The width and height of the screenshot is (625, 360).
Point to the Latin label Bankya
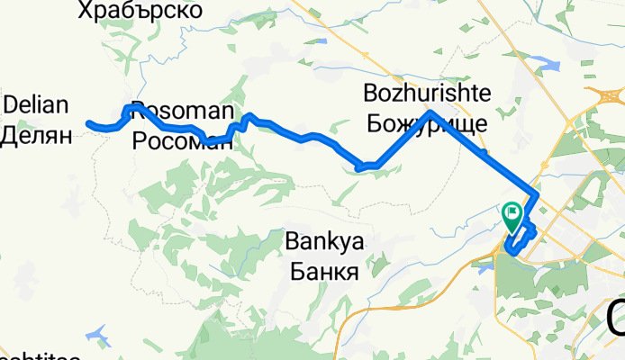323,241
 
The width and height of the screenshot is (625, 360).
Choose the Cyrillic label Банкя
323,271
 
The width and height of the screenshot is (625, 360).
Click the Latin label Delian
36,104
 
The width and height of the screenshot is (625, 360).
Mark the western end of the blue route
88,123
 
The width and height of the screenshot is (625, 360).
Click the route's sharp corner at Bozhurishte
431,112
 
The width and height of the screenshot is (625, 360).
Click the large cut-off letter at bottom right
616,319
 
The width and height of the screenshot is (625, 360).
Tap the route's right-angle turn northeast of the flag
538,193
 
